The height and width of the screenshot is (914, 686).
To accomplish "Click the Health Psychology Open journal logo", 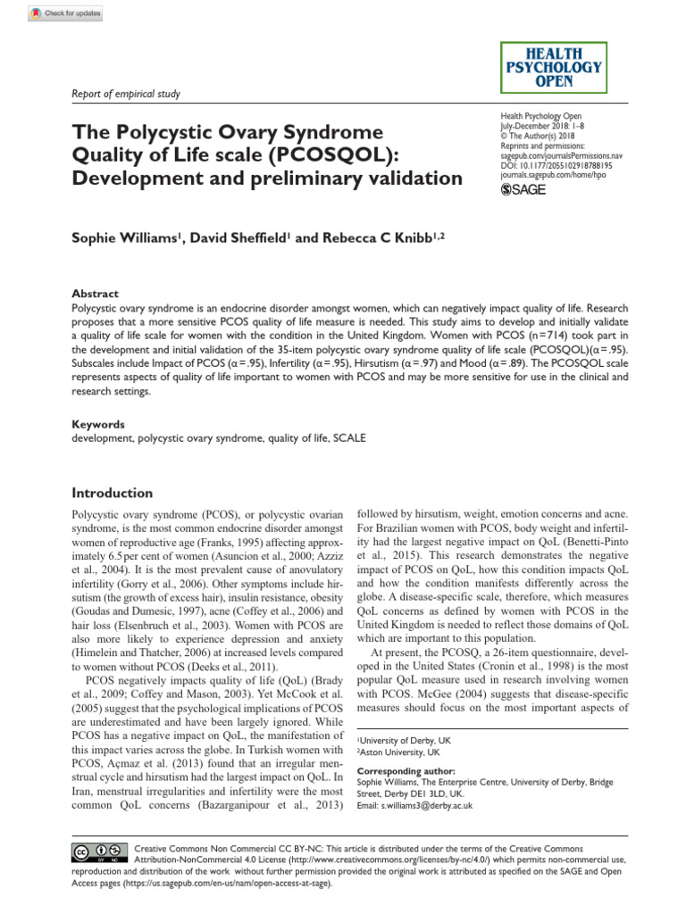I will [x=553, y=66].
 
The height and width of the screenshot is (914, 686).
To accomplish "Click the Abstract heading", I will [x=94, y=294].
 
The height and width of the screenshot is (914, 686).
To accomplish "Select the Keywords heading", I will [x=97, y=425].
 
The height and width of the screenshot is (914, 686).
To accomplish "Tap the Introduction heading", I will [x=112, y=493].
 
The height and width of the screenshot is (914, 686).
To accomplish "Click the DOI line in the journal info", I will [x=556, y=165].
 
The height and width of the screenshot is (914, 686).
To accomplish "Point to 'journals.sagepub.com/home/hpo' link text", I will [x=558, y=175].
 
